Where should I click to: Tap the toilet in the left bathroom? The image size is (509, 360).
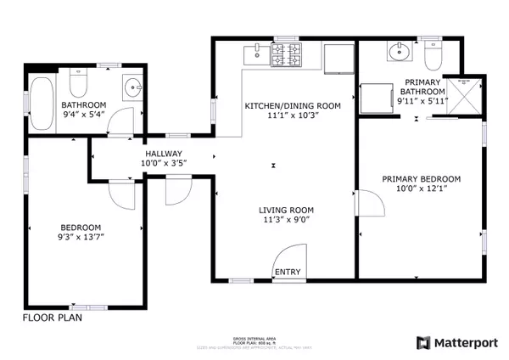coord(78,86)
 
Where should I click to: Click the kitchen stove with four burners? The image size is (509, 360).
coord(287,56)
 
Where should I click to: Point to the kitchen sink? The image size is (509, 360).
coord(255,55)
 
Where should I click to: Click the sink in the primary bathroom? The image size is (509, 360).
coord(397,53)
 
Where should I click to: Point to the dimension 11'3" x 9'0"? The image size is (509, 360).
coord(286,220)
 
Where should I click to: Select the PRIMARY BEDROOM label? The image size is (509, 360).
coord(421,179)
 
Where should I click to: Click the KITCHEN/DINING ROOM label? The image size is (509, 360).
coord(292,106)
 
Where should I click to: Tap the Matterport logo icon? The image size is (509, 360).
coord(423,342)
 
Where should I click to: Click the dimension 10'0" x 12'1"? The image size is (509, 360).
coord(421,190)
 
